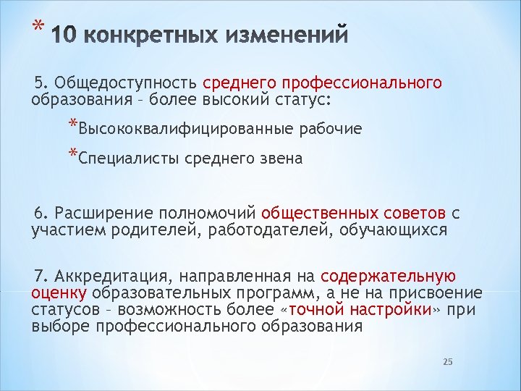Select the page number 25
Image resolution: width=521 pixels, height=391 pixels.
coord(447,361)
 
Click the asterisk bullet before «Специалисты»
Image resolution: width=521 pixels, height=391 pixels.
coord(73,154)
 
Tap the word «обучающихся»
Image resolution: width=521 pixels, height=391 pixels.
coord(403,230)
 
